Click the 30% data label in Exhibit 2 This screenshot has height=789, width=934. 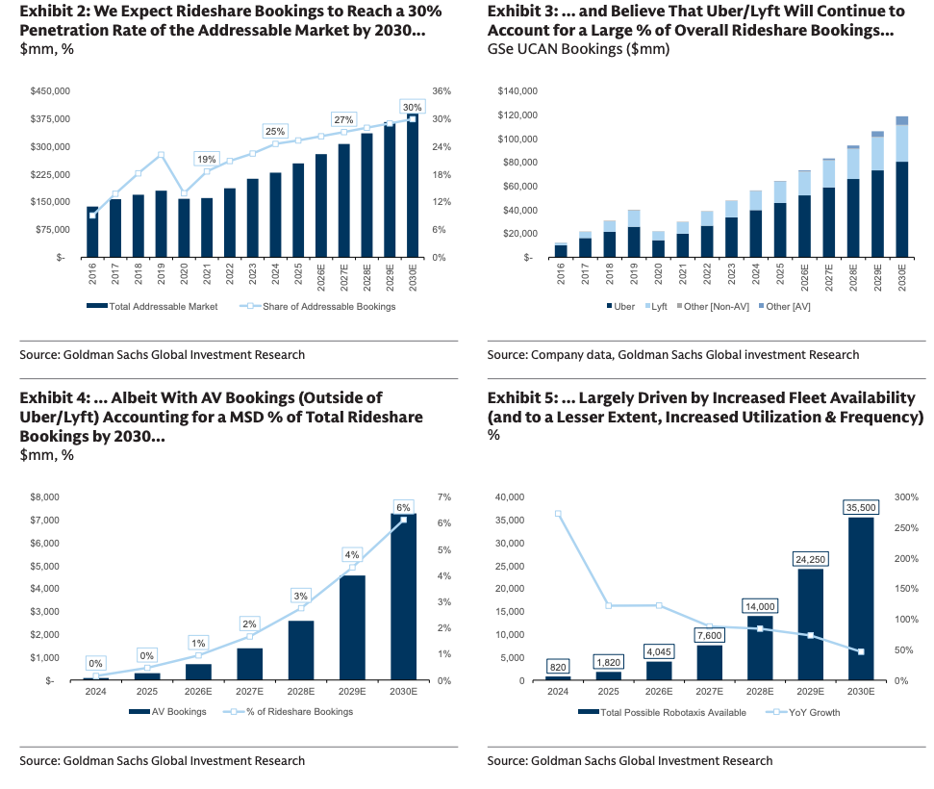pos(412,107)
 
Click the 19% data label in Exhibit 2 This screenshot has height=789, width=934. pos(206,159)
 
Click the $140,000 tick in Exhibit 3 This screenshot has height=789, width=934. pos(517,91)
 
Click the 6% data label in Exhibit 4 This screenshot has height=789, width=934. pos(403,507)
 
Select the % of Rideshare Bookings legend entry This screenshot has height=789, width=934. pos(298,712)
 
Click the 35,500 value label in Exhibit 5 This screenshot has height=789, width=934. pos(860,507)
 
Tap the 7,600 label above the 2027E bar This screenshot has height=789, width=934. pos(710,635)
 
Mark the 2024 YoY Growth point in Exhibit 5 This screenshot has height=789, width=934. pos(559,514)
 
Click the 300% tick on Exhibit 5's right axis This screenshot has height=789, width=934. pos(909,497)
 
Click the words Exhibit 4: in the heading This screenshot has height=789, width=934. pos(54,397)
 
